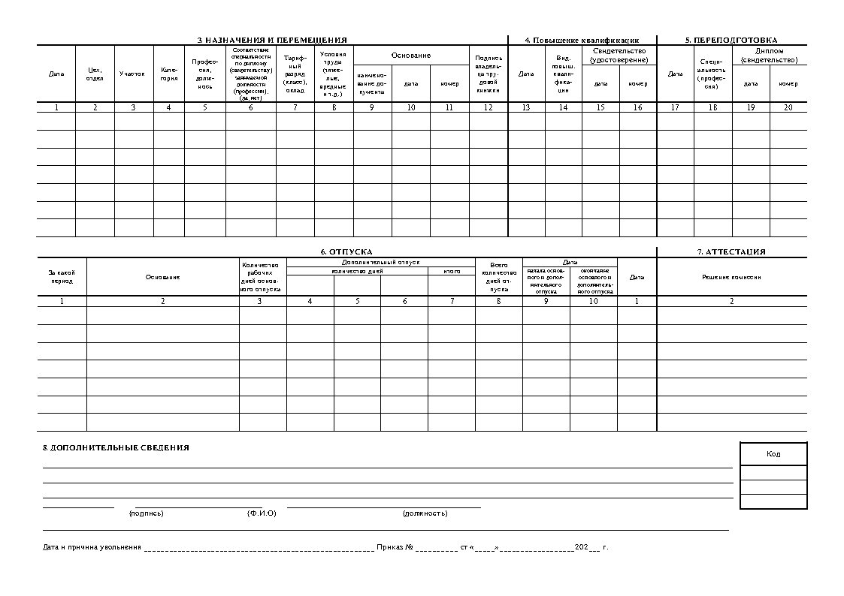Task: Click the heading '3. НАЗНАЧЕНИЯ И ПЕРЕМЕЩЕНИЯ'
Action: click(x=272, y=40)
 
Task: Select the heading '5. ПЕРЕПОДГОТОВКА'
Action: click(x=731, y=40)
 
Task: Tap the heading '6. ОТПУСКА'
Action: click(x=346, y=252)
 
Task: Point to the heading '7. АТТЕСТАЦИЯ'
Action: click(x=731, y=252)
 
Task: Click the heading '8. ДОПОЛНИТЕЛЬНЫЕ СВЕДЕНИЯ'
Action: click(x=116, y=448)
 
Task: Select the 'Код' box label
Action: click(x=773, y=454)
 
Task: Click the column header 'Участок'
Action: click(x=132, y=74)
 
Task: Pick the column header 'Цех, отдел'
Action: click(x=95, y=74)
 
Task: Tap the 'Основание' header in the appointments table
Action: click(x=411, y=56)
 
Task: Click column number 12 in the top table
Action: click(x=489, y=107)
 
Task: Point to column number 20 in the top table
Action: click(x=788, y=107)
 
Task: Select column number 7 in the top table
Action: click(x=295, y=107)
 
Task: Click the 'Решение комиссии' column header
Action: click(x=731, y=277)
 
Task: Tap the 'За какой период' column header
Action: click(x=62, y=277)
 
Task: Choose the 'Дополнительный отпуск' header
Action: click(x=380, y=262)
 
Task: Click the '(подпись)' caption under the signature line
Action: click(x=146, y=513)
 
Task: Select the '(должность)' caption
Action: click(x=425, y=513)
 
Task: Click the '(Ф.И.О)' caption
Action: click(x=262, y=513)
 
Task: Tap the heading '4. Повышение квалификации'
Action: click(x=582, y=40)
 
